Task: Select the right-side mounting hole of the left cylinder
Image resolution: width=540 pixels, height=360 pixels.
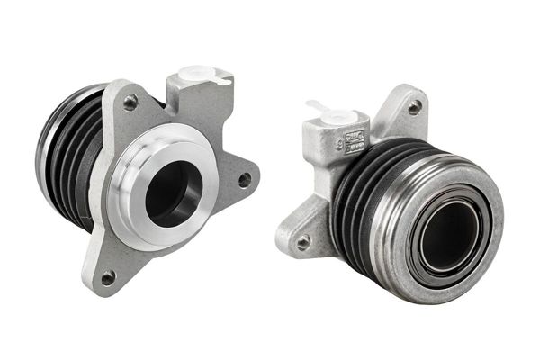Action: point(243,179)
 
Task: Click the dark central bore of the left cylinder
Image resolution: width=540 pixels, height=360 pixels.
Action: point(172,193)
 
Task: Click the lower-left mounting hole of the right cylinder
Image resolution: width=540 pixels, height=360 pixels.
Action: point(303,241)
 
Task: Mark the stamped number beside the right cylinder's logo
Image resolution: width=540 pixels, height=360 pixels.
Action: point(339,141)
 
